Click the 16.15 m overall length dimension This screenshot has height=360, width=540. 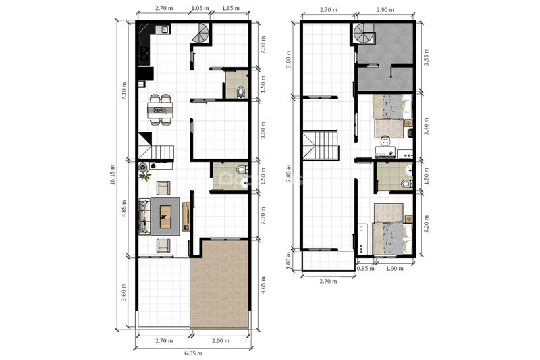(x=113, y=175)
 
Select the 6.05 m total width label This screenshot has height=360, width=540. (x=193, y=353)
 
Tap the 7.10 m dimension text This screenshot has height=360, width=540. (x=124, y=91)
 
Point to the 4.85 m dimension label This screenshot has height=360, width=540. (x=124, y=209)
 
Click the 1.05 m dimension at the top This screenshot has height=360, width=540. (x=200, y=8)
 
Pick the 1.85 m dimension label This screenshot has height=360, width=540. (x=230, y=8)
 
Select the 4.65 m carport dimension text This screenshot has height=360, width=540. (x=263, y=285)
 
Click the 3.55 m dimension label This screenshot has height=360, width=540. (x=427, y=57)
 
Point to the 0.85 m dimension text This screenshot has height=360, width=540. (x=365, y=269)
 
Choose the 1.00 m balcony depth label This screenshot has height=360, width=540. (x=289, y=261)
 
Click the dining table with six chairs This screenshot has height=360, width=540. (x=160, y=110)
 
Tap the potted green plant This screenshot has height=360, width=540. (x=144, y=176)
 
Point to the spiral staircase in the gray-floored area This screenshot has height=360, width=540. (x=364, y=34)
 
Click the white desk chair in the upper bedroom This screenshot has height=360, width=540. (x=385, y=140)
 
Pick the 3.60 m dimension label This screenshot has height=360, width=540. (x=124, y=292)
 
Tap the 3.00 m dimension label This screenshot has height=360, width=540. (x=263, y=130)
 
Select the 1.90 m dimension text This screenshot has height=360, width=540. (x=394, y=269)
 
